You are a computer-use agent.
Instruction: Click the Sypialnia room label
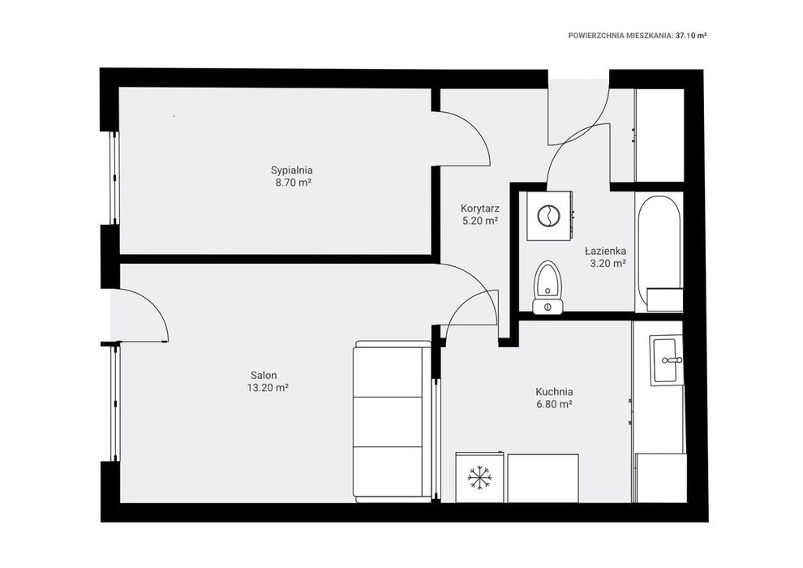point(291,170)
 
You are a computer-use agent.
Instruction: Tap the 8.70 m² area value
point(294,183)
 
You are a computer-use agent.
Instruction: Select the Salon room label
point(264,376)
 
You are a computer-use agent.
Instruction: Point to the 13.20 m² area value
point(268,388)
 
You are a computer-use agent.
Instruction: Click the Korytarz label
point(480,209)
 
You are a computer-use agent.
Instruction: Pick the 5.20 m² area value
point(480,222)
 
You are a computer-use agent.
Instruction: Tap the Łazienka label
point(605,251)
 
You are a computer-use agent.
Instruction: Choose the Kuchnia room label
point(554,392)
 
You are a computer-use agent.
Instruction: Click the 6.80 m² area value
point(554,404)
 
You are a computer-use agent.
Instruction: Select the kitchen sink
point(666,359)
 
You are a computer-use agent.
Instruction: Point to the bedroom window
point(114,178)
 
